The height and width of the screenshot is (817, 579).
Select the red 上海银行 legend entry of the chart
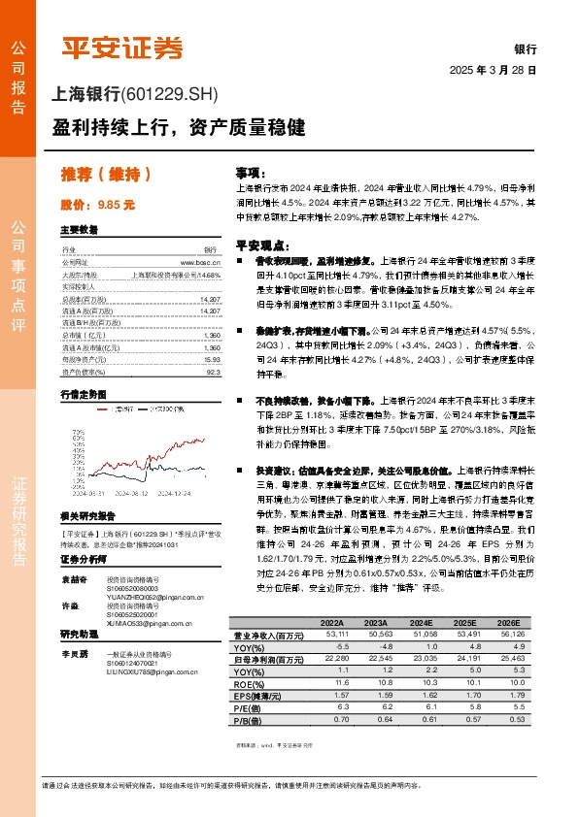coord(118,409)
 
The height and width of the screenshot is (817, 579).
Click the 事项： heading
coord(252,171)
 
